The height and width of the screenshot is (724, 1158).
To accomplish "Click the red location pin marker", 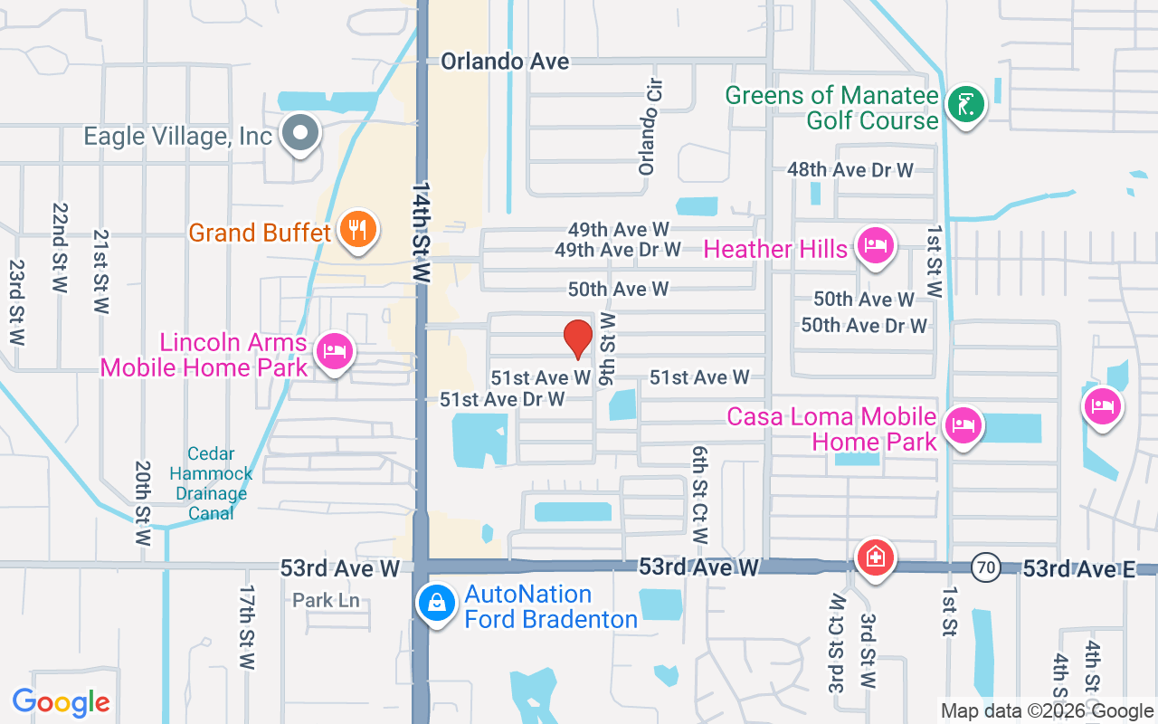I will coord(578,338).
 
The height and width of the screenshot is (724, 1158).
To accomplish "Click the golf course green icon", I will coord(965,106).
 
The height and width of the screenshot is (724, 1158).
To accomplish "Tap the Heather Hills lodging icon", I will coord(876,245).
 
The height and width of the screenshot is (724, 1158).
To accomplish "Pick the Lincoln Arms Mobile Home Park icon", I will coord(335,351).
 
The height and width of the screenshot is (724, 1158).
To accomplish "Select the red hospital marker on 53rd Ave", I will coord(875,557).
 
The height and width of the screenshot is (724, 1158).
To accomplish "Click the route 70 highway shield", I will coord(986,568).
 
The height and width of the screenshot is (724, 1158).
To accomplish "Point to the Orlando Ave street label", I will coord(506,62).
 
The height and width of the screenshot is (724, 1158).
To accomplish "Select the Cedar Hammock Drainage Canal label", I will coord(212,483).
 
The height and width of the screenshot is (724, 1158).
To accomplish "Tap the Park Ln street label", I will coord(327,600).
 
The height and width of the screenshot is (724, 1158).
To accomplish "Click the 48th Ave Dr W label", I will coord(850,169).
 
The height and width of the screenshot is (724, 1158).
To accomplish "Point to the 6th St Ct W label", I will coord(699,494).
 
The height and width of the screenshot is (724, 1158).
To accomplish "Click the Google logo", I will coord(62,701).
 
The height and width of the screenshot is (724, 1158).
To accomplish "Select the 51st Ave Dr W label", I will coord(502,399).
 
